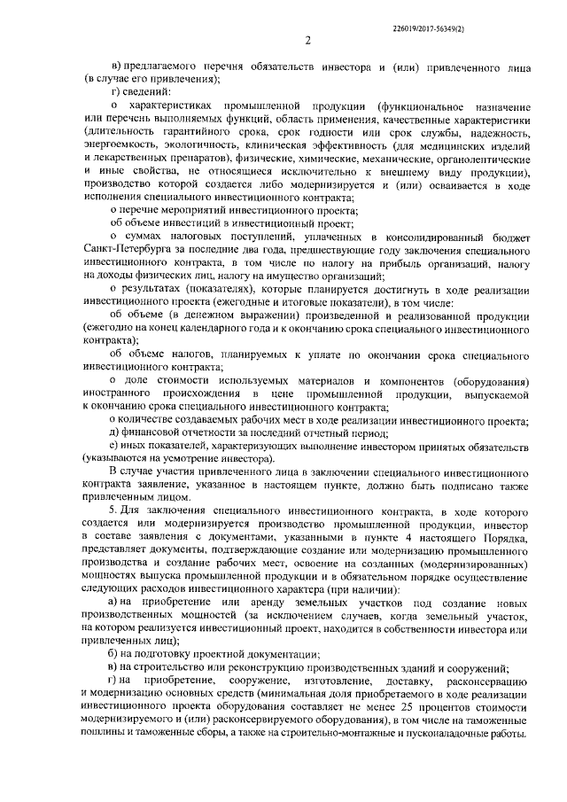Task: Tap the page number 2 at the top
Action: pyautogui.click(x=307, y=39)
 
